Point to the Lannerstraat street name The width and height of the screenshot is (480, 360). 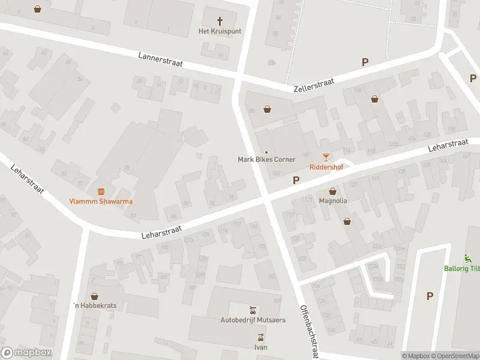tap(160, 59)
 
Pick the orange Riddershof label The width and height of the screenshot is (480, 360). tap(326, 167)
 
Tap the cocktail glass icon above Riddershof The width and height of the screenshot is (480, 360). tap(326, 157)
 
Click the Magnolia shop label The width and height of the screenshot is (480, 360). tap(332, 200)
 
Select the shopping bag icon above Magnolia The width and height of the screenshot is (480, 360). tap(332, 191)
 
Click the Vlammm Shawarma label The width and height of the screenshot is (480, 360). tap(101, 201)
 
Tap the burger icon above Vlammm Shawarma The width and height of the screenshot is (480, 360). tap(101, 191)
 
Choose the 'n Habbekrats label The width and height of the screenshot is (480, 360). tap(94, 306)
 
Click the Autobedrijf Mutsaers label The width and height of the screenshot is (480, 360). tap(253, 320)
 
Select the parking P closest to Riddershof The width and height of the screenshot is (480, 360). tap(295, 180)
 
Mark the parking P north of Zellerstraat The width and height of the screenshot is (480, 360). tap(365, 62)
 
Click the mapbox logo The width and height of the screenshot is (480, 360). tap(26, 352)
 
